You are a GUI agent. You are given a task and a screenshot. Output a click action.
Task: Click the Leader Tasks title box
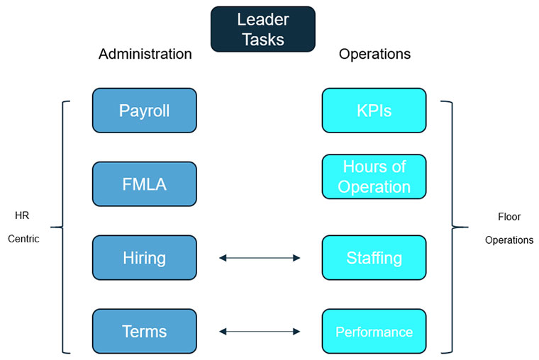[262, 29]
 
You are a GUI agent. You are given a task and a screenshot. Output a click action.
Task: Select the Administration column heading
[145, 54]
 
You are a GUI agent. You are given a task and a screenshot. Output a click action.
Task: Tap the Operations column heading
[374, 54]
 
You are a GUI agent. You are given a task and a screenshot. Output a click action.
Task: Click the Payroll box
[144, 111]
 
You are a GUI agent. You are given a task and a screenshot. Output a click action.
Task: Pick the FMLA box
[144, 184]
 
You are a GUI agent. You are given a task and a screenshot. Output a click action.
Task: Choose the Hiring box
[144, 258]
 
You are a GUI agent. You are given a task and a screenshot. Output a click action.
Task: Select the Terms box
[144, 332]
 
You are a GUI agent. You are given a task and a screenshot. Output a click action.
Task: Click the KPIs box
[374, 111]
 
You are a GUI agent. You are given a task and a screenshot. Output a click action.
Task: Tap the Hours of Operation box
[374, 177]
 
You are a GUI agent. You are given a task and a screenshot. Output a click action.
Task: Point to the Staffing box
[374, 258]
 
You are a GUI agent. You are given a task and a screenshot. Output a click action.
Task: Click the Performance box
[374, 332]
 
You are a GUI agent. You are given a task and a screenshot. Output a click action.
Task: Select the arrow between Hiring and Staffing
[260, 258]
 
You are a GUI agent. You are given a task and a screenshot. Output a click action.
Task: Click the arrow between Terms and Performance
[260, 331]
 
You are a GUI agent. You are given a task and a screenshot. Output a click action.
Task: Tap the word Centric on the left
[23, 239]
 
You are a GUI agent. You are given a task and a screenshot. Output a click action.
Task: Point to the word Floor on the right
[509, 217]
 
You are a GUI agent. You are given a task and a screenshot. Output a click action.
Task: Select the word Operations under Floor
[509, 240]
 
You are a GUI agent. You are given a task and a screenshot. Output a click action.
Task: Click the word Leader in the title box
[262, 20]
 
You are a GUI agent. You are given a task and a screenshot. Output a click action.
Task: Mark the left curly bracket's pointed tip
[52, 227]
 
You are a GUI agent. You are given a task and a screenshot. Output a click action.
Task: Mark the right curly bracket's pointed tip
[467, 227]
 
